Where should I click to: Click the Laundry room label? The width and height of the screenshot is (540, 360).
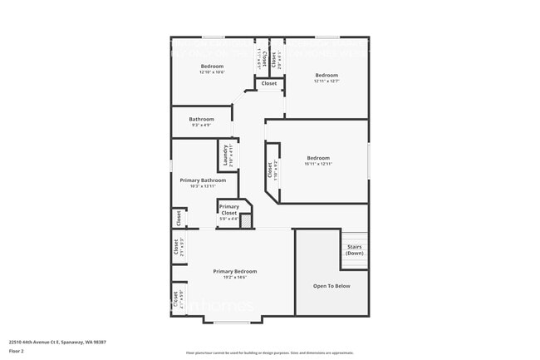[x=224, y=154]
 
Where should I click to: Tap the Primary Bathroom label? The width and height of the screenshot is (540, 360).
[x=202, y=180]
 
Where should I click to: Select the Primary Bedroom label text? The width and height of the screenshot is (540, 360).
[x=234, y=271]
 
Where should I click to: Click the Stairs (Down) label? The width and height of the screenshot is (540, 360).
[x=355, y=249]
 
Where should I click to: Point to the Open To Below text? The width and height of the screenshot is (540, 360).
[x=331, y=286]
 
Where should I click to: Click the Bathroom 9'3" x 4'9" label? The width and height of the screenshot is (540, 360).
[x=201, y=121]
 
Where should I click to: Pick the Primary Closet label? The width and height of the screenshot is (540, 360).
[x=228, y=210]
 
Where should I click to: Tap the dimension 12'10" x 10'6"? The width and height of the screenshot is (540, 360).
[x=212, y=72]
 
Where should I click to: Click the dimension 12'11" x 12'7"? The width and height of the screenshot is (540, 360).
[x=326, y=81]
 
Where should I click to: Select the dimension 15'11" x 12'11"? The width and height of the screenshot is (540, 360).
[x=318, y=164]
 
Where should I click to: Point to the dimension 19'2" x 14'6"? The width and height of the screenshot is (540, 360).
[x=234, y=277]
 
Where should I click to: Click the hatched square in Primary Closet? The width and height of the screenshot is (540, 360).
[x=246, y=221]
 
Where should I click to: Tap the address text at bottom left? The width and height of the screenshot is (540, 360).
[x=57, y=342]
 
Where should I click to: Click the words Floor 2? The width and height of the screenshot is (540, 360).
[x=17, y=351]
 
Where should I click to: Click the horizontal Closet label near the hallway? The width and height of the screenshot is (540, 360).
[x=269, y=83]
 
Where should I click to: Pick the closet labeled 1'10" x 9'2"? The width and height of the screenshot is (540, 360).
[x=272, y=170]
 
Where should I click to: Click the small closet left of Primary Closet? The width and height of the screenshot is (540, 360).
[x=178, y=217]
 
